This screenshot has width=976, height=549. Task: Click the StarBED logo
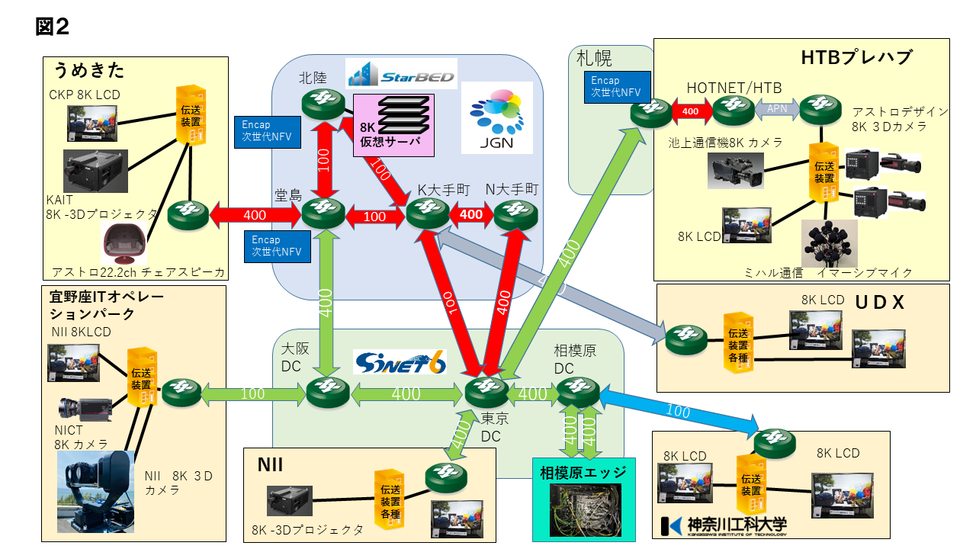[402, 74]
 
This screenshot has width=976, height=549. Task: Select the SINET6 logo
[400, 361]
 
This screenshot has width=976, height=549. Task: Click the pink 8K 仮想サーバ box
[393, 125]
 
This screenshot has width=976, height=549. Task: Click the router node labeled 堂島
[323, 213]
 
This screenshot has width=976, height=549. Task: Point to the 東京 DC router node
[486, 393]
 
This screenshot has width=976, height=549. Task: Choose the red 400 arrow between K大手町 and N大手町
[472, 215]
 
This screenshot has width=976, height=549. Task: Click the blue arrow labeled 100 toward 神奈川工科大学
[679, 412]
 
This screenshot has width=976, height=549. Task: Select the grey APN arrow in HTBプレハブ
[776, 109]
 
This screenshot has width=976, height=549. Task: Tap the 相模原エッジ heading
[583, 473]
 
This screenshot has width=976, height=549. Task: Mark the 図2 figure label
[53, 27]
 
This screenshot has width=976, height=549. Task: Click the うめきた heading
[88, 70]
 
